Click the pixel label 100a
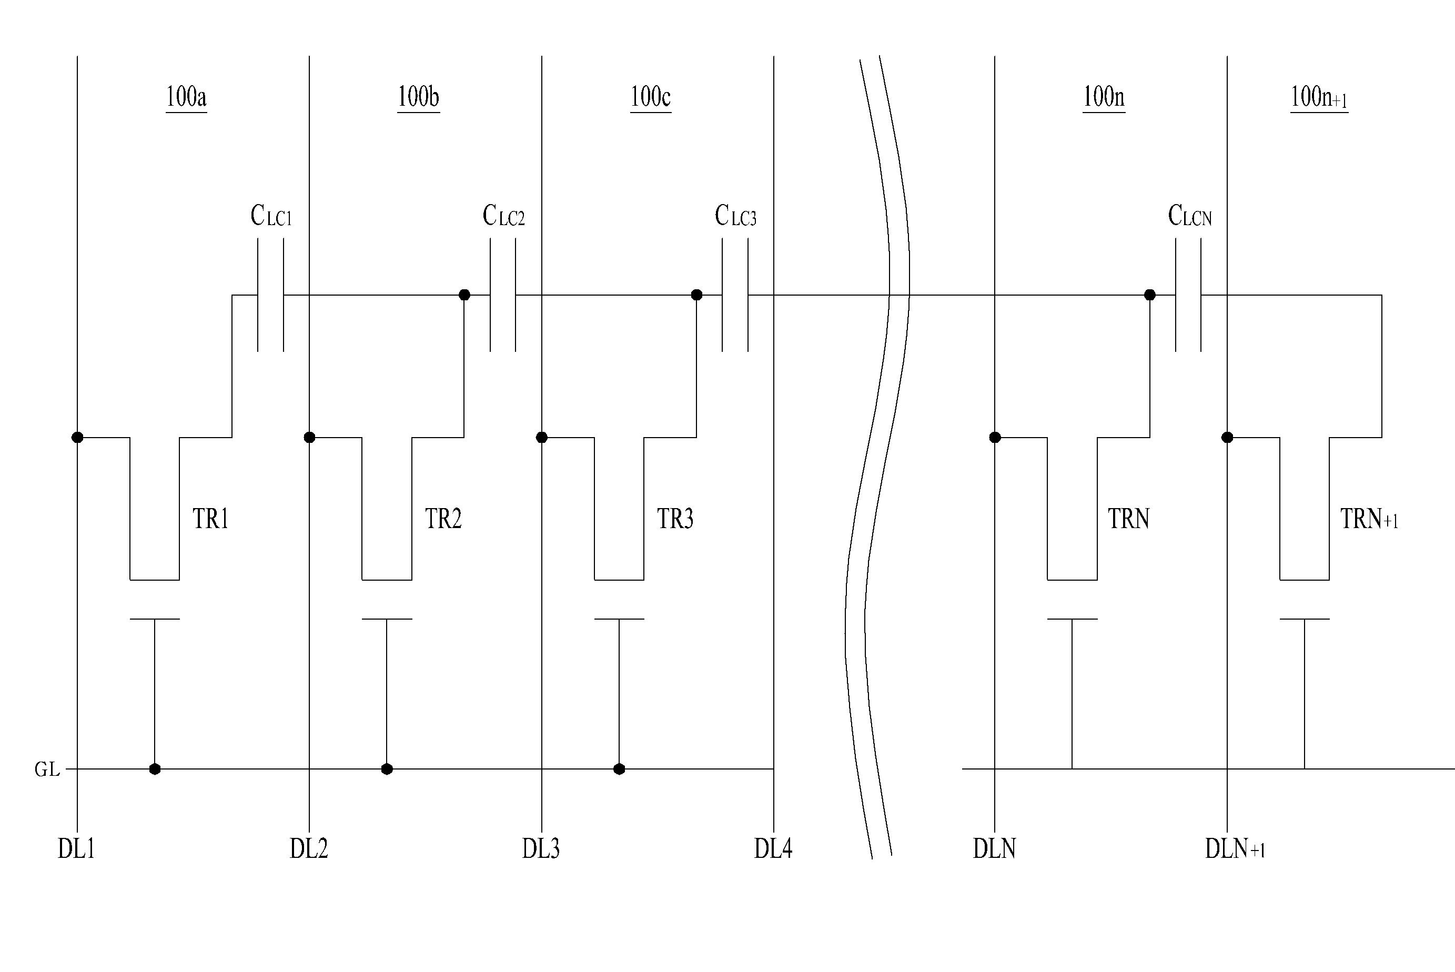click(186, 97)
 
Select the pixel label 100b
click(419, 97)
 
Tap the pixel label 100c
click(650, 97)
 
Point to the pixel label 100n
click(1104, 97)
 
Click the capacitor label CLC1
click(271, 216)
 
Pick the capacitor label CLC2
click(503, 216)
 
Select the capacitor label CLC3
click(735, 216)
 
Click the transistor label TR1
click(211, 518)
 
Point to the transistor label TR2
click(443, 518)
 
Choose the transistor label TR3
click(675, 518)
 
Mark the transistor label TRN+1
click(1369, 518)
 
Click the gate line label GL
click(47, 769)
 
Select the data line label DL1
click(76, 848)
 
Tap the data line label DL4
click(773, 848)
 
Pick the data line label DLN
click(994, 848)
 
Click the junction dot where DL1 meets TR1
click(77, 438)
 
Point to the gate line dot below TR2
click(387, 769)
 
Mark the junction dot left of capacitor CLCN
click(1150, 295)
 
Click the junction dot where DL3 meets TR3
click(542, 438)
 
